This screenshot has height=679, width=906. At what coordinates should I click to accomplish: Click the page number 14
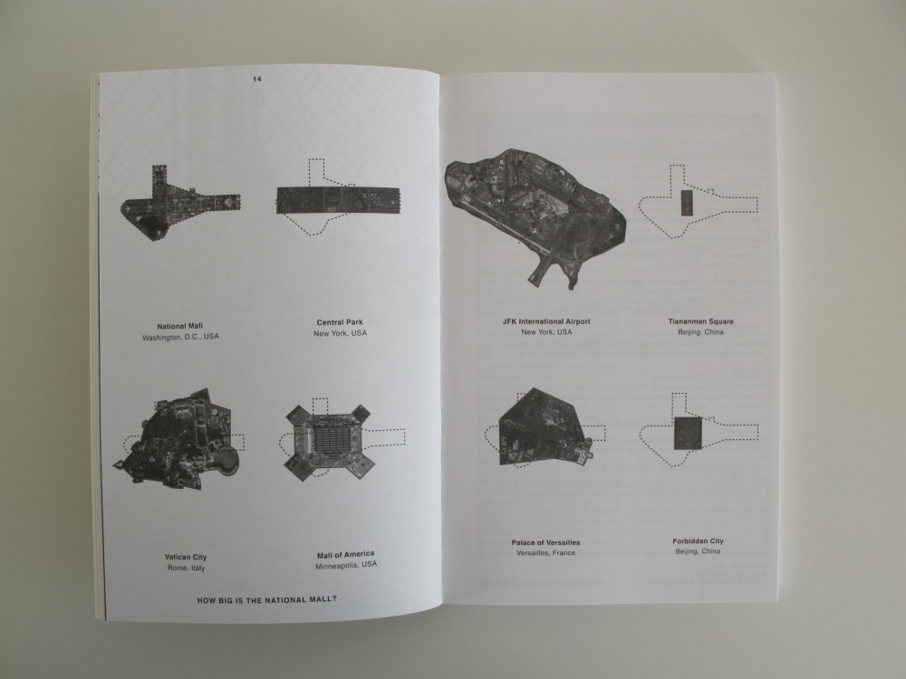257,79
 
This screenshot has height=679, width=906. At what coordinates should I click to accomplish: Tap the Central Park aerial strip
338,200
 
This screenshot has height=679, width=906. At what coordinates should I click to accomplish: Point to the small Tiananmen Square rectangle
687,203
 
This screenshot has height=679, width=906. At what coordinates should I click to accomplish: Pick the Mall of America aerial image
328,442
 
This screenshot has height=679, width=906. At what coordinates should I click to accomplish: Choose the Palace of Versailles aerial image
545,427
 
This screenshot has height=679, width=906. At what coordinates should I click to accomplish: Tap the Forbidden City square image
689,433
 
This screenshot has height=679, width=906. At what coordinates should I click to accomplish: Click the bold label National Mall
179,326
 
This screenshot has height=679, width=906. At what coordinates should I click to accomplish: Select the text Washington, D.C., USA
180,337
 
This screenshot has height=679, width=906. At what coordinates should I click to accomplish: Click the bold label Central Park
340,322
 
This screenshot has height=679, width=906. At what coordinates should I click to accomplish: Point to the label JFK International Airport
546,321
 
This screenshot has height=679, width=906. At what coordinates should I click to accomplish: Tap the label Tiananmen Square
701,321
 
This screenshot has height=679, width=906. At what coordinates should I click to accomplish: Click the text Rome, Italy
186,568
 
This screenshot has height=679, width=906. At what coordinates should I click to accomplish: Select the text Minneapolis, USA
345,565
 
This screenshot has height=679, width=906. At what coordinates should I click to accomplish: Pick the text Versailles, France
545,552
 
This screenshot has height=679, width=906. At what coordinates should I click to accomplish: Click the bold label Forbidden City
698,541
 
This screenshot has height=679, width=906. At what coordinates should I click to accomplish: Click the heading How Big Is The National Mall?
267,600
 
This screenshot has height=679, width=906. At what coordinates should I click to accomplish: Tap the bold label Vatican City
186,557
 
